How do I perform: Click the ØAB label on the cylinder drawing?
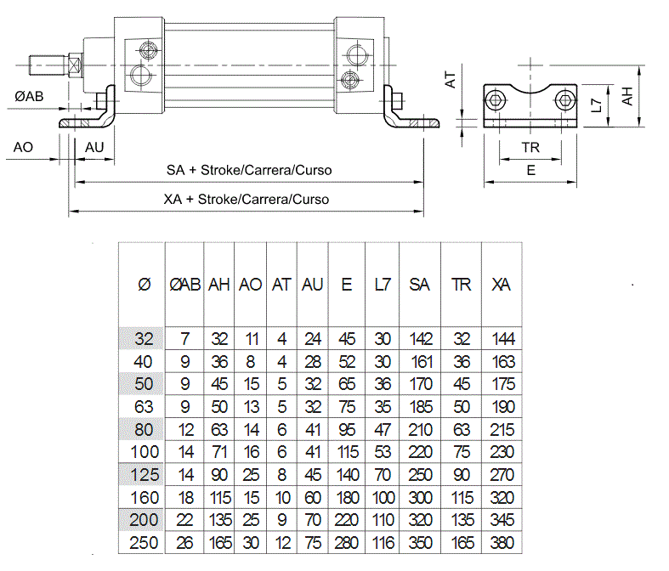(x=29, y=96)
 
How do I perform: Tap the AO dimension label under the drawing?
(x=23, y=147)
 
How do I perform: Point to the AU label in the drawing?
(x=94, y=147)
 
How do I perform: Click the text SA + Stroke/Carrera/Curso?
(x=249, y=170)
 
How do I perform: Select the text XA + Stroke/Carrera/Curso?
(x=247, y=199)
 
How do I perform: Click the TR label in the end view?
(x=530, y=148)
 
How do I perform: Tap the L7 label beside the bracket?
(x=597, y=105)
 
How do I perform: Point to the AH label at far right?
(x=626, y=96)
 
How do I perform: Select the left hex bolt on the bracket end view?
(x=495, y=100)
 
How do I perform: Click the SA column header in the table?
(x=419, y=285)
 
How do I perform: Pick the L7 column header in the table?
(x=383, y=285)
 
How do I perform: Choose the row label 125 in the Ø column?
(x=145, y=475)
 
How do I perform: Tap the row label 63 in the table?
(x=144, y=407)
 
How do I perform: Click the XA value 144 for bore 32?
(x=503, y=339)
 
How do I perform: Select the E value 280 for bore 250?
(x=347, y=543)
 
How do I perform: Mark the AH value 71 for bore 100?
(x=219, y=452)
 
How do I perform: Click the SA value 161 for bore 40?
(x=422, y=362)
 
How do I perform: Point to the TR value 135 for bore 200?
(x=462, y=520)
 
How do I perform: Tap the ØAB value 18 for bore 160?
(x=185, y=498)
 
